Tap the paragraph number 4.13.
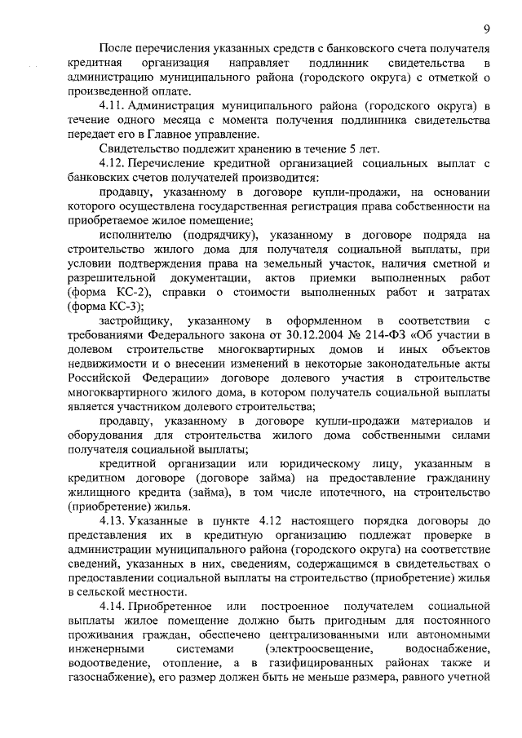[x=113, y=520]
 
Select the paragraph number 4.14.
[x=113, y=608]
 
